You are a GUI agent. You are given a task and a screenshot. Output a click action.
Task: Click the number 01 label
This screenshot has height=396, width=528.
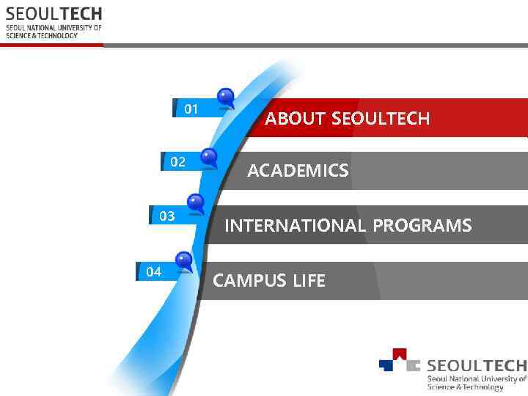(191, 109)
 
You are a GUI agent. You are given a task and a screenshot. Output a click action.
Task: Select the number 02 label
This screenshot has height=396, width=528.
(178, 162)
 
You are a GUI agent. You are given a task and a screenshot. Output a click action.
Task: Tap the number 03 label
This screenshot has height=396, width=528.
(167, 216)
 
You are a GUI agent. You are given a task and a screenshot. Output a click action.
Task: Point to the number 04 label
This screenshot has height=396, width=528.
(153, 272)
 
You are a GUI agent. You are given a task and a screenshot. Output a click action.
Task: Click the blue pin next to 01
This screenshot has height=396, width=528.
(226, 97)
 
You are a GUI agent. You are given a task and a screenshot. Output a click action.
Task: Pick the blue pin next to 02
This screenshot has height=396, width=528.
(209, 156)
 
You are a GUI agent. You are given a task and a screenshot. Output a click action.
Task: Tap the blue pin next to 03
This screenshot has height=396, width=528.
(196, 202)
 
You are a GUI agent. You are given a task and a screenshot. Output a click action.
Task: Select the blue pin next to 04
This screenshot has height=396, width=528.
(183, 260)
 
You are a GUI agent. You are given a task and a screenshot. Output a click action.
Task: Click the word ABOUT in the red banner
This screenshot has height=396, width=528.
(296, 119)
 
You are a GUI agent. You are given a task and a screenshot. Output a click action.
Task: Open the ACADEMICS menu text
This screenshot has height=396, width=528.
(298, 172)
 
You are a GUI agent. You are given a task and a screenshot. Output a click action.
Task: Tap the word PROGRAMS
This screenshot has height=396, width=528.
(422, 226)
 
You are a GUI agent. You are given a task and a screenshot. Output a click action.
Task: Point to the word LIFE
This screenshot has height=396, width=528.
(309, 281)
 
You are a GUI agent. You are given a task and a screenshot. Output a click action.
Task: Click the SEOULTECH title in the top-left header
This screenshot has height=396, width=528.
(54, 14)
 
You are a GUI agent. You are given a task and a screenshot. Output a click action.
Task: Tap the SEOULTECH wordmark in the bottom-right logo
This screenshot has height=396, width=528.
(477, 365)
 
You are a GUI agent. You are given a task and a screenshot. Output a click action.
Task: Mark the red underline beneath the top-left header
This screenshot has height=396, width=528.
(51, 45)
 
